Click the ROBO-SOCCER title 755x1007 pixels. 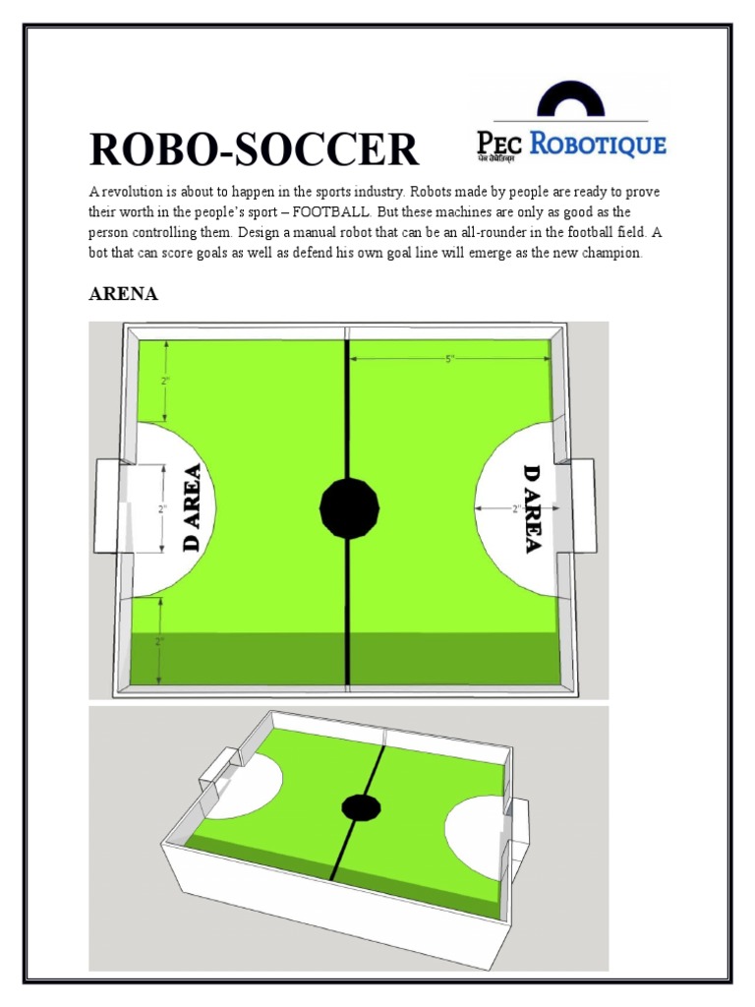tap(254, 150)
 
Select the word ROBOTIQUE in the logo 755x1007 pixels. tap(598, 145)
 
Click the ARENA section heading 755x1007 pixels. tap(123, 295)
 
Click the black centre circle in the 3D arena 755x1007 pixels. tap(361, 807)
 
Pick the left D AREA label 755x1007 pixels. tap(192, 507)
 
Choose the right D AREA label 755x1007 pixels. tap(532, 507)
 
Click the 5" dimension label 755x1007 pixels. tap(451, 360)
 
